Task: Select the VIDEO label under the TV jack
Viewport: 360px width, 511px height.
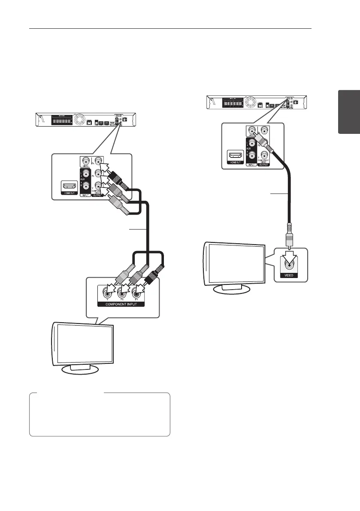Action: point(289,275)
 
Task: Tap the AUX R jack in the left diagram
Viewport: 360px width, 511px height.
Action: point(87,187)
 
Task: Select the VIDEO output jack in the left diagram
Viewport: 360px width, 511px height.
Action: point(87,162)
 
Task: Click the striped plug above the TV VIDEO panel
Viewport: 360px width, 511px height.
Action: point(289,236)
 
